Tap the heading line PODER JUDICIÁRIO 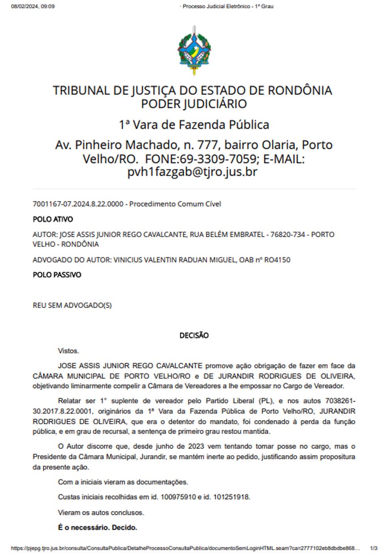[x=194, y=104]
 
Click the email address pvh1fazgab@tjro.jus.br [x=192, y=172]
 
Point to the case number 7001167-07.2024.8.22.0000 [x=78, y=204]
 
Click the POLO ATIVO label [x=53, y=219]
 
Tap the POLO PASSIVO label [x=57, y=275]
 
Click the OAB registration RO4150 [x=277, y=260]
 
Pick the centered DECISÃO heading [x=194, y=336]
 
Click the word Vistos [x=68, y=351]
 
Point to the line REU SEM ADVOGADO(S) [x=72, y=305]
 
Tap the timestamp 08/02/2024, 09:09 [x=32, y=7]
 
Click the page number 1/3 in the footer [x=374, y=548]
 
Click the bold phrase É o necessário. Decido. [x=97, y=528]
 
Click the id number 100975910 [x=178, y=497]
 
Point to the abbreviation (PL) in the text [x=266, y=401]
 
